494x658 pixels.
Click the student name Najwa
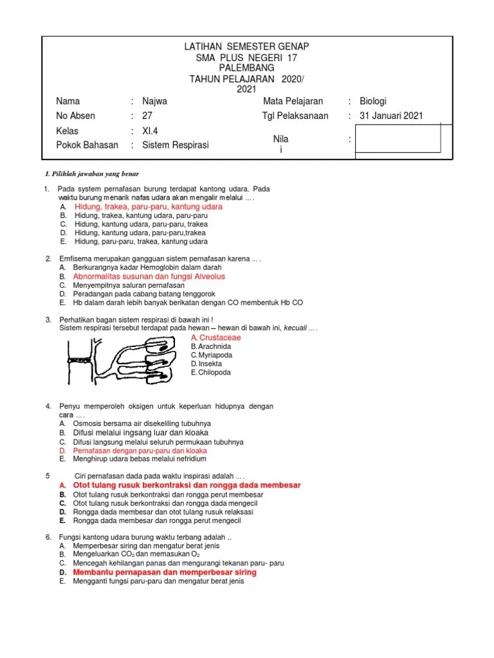tap(154, 102)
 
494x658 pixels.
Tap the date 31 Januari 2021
tap(391, 116)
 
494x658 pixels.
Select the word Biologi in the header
tap(373, 102)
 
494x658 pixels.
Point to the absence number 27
tap(147, 116)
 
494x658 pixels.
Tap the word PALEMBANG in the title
tap(246, 67)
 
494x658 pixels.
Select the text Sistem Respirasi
tap(175, 145)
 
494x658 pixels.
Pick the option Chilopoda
tap(214, 373)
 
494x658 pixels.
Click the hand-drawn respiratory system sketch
tap(123, 360)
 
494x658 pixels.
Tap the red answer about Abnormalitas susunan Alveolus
tap(149, 276)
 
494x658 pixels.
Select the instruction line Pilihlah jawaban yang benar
tap(91, 174)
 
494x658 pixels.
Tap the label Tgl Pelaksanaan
tap(295, 116)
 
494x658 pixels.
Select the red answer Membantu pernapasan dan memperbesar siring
tap(165, 572)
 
